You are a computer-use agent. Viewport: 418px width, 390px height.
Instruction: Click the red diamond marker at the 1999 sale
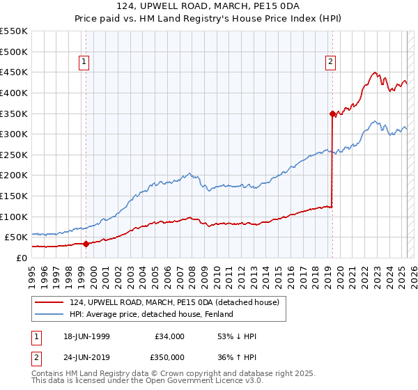click(86, 244)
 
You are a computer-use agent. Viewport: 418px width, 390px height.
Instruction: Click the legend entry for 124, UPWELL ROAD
click(174, 302)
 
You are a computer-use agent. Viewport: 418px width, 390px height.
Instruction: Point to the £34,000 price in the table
click(169, 336)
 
